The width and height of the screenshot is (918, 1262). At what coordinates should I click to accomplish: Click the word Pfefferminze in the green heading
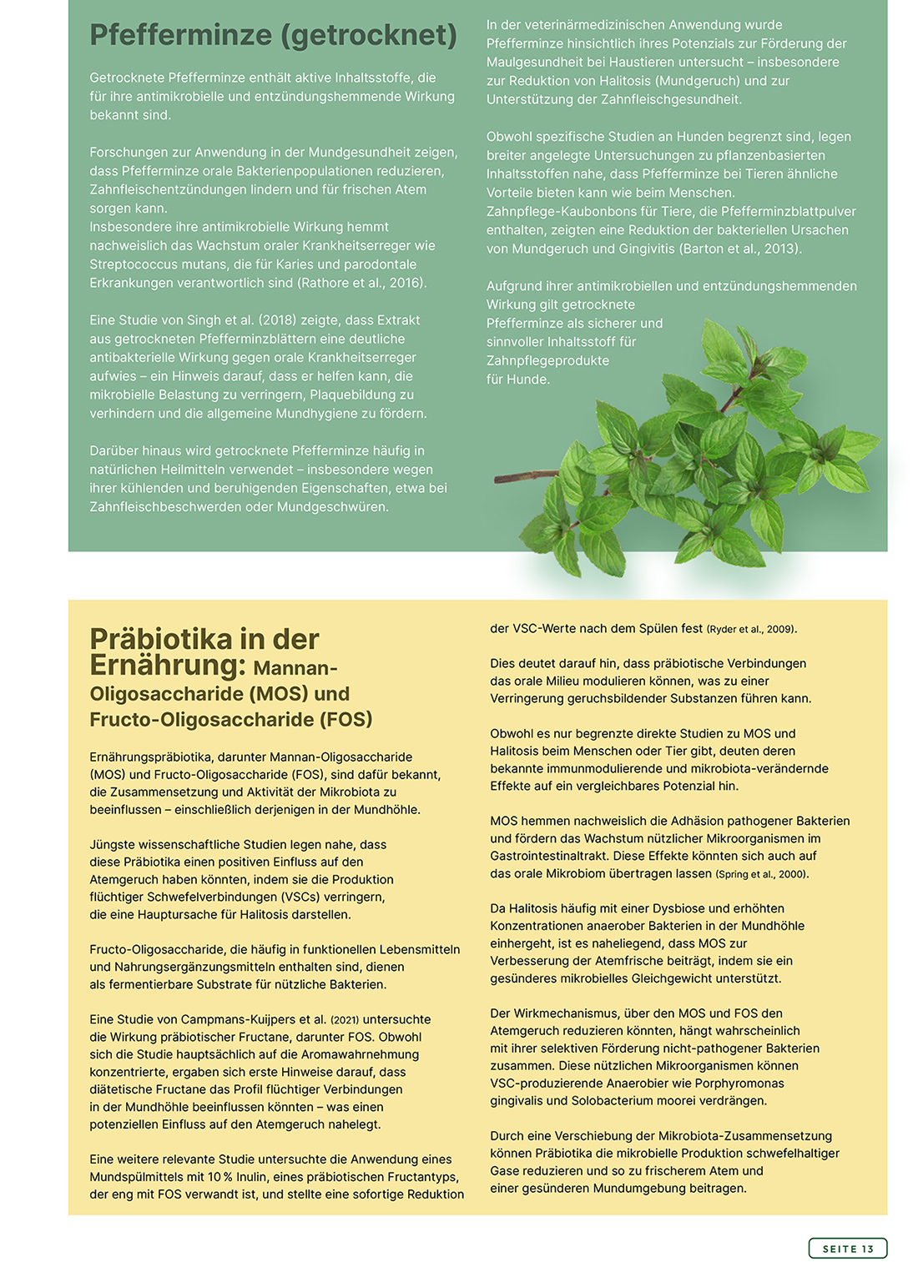point(181,35)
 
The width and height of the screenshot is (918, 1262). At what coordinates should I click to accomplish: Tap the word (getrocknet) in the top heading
point(369,35)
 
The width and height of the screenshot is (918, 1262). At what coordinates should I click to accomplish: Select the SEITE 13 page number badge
point(847,1248)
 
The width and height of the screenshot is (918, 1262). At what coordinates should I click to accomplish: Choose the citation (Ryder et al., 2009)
point(751,629)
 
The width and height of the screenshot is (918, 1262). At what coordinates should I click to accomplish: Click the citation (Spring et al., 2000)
point(762,874)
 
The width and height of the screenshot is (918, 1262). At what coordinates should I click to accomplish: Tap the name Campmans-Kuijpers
point(235,1019)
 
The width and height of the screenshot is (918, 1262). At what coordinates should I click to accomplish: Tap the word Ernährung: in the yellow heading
point(168,666)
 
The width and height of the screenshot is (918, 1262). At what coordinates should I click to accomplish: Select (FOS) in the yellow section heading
point(341,719)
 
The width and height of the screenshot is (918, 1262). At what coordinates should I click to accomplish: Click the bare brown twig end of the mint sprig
point(504,479)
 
